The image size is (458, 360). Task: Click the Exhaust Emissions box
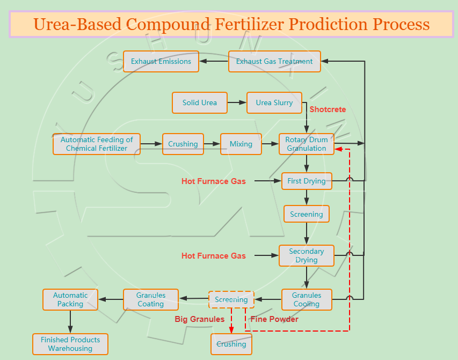[x=161, y=62]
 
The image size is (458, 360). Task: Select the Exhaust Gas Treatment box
[x=274, y=62]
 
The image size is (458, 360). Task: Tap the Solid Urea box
[x=199, y=103]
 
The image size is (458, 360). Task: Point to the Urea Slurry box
[x=274, y=103]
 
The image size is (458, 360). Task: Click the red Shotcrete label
[x=328, y=109]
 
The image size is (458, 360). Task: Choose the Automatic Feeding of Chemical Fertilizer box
[x=97, y=144]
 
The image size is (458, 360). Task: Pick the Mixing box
[x=241, y=144]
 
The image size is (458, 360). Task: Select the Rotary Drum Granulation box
[x=307, y=144]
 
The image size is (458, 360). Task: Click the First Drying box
[x=307, y=181]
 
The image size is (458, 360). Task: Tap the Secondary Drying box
[x=307, y=255]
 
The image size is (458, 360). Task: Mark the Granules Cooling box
[x=307, y=299]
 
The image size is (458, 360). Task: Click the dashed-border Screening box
[x=231, y=299]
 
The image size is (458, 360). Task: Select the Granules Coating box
[x=151, y=299]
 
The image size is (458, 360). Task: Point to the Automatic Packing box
[x=70, y=299]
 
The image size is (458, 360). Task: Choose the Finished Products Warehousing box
[x=70, y=344]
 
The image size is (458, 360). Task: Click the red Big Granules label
[x=199, y=319]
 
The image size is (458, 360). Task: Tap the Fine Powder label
[x=274, y=319]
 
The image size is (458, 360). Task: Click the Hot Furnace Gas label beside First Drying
[x=214, y=181]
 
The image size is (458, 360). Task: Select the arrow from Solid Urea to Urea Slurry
[x=237, y=103]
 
